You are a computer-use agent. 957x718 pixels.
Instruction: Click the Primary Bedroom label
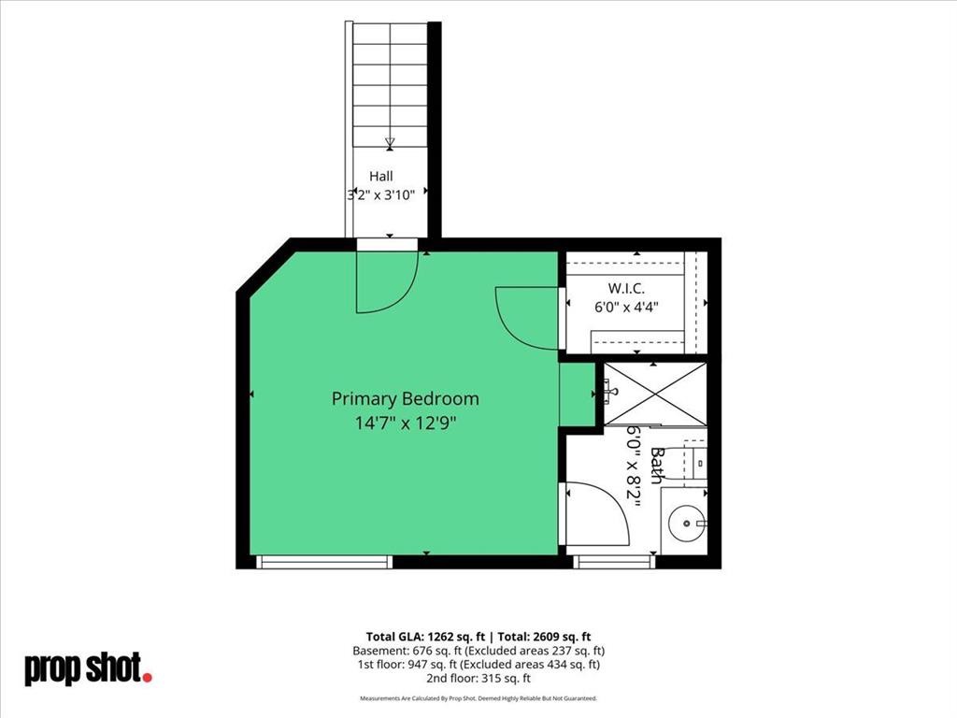tap(406, 398)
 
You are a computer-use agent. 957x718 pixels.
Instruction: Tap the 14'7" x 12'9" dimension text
tap(406, 423)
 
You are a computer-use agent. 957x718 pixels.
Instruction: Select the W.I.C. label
tap(626, 288)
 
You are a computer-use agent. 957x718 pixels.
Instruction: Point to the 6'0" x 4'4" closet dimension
tap(627, 307)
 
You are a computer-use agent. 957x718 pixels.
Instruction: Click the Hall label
tap(381, 177)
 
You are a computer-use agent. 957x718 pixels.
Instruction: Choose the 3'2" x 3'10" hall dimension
tap(381, 194)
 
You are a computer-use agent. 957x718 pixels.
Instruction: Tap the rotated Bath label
tap(657, 466)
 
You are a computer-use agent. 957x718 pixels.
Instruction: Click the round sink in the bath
tap(687, 524)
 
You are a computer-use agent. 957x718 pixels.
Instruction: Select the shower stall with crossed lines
tap(655, 394)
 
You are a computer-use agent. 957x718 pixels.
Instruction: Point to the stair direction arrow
tap(390, 143)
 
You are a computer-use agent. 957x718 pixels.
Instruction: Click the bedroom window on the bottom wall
tap(324, 562)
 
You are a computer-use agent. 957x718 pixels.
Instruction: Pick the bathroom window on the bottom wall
tap(614, 562)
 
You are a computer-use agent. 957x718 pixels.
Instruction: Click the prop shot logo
tap(88, 668)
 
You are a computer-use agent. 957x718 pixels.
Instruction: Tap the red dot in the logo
tap(147, 677)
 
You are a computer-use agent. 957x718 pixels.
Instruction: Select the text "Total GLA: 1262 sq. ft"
tap(425, 637)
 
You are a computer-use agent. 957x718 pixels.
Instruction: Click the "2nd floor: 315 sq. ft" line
tap(478, 679)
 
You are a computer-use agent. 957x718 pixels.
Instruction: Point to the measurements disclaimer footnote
tap(478, 697)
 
